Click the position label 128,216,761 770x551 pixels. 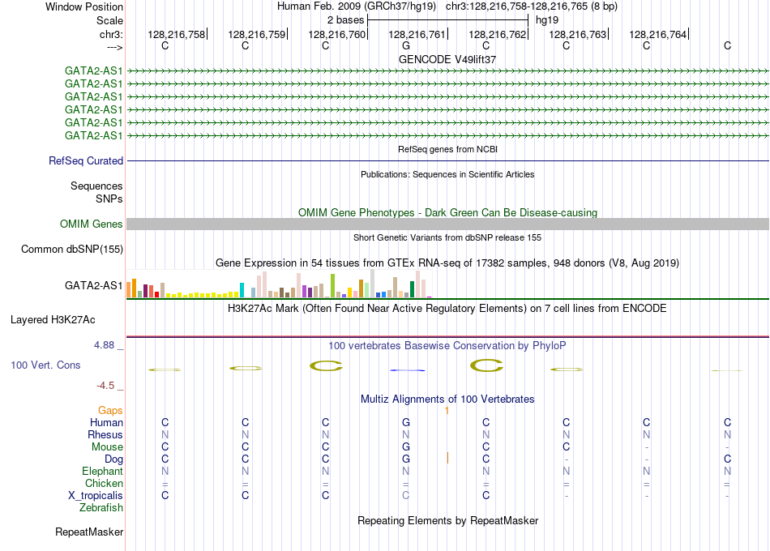pyautogui.click(x=417, y=34)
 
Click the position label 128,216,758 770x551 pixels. pyautogui.click(x=177, y=34)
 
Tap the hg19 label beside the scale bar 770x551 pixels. pyautogui.click(x=547, y=20)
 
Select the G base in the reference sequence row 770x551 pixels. pyautogui.click(x=405, y=45)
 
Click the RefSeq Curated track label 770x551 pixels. pyautogui.click(x=86, y=160)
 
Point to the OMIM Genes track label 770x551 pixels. pyautogui.click(x=92, y=224)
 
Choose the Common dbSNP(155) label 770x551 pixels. pyautogui.click(x=72, y=249)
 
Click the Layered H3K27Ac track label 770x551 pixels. pyautogui.click(x=53, y=320)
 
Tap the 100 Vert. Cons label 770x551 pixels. pyautogui.click(x=45, y=365)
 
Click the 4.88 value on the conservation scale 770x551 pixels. pyautogui.click(x=104, y=345)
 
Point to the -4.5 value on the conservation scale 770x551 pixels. pyautogui.click(x=105, y=386)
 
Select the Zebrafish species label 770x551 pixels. pyautogui.click(x=101, y=507)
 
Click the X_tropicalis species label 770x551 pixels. pyautogui.click(x=96, y=495)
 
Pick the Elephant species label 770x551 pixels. pyautogui.click(x=103, y=471)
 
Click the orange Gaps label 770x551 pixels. pyautogui.click(x=110, y=410)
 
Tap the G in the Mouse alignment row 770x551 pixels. pyautogui.click(x=405, y=447)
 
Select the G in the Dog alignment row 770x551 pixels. pyautogui.click(x=405, y=459)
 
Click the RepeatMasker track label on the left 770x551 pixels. pyautogui.click(x=89, y=532)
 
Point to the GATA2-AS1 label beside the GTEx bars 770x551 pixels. pyautogui.click(x=94, y=285)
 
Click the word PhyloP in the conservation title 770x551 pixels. pyautogui.click(x=549, y=345)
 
